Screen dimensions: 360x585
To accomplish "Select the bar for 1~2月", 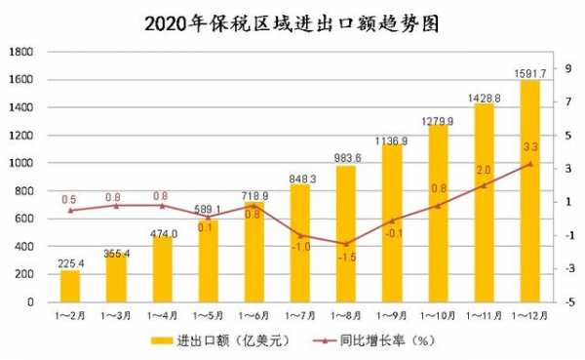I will (x=69, y=286).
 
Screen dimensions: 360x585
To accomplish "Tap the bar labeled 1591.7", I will (x=529, y=191).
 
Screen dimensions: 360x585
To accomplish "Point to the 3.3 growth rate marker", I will (x=529, y=164).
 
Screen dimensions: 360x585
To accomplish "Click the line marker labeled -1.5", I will (x=345, y=243).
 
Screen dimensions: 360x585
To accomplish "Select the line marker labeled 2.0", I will (x=484, y=185).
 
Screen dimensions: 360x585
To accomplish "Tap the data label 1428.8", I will (x=484, y=99).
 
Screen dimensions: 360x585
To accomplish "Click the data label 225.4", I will (x=69, y=263).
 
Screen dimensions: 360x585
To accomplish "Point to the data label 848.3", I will (x=299, y=179).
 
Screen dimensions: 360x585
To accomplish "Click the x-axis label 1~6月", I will (x=253, y=315).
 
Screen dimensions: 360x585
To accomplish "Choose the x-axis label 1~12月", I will (x=529, y=315).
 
